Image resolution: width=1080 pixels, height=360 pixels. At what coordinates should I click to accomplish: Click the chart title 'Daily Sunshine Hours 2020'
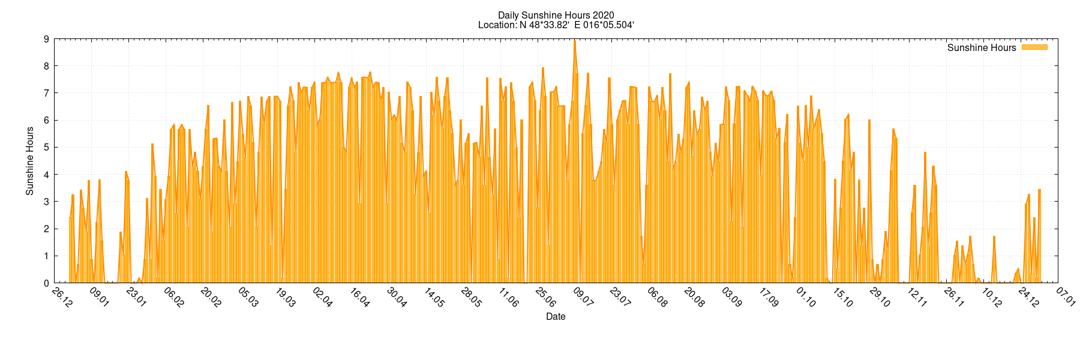556,15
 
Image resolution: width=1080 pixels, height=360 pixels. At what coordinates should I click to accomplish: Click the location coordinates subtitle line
556,25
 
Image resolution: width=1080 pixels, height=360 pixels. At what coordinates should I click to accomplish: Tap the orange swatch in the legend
1034,47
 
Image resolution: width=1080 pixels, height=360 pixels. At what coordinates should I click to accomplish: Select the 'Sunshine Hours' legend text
982,47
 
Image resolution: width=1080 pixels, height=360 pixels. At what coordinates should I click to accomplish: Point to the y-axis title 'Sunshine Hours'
30,161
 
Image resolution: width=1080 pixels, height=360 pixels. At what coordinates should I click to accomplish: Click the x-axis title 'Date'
556,316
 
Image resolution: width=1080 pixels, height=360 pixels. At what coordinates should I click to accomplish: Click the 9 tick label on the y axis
46,39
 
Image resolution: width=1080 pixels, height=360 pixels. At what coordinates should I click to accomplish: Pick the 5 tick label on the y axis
46,148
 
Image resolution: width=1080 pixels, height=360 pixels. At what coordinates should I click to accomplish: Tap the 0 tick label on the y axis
46,283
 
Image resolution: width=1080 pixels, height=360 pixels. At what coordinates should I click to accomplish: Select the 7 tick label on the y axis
46,93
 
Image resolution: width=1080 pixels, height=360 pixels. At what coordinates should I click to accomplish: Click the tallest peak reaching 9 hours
575,41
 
